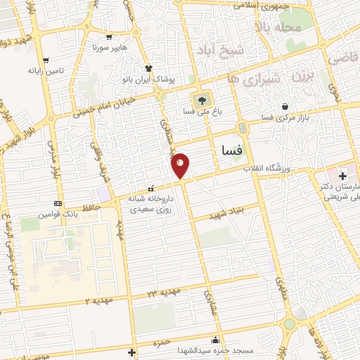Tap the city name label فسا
point(231,149)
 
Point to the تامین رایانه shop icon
point(46,60)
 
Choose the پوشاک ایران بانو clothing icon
point(149,68)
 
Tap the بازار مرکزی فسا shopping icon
point(285,106)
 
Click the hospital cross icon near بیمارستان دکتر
point(343,174)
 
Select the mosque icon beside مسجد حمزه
point(214,339)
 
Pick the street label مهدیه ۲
point(98,300)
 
